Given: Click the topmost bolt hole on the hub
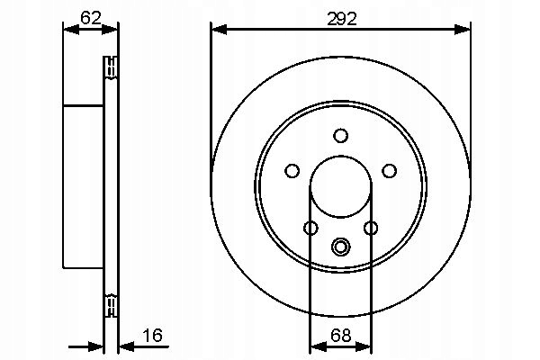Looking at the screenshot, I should (340, 136).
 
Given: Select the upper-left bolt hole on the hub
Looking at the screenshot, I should (292, 169).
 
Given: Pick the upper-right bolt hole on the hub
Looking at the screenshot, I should (389, 169).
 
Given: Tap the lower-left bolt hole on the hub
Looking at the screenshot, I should (310, 228).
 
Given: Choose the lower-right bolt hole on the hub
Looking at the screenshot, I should (370, 228).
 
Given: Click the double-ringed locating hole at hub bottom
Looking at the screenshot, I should (340, 246).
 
